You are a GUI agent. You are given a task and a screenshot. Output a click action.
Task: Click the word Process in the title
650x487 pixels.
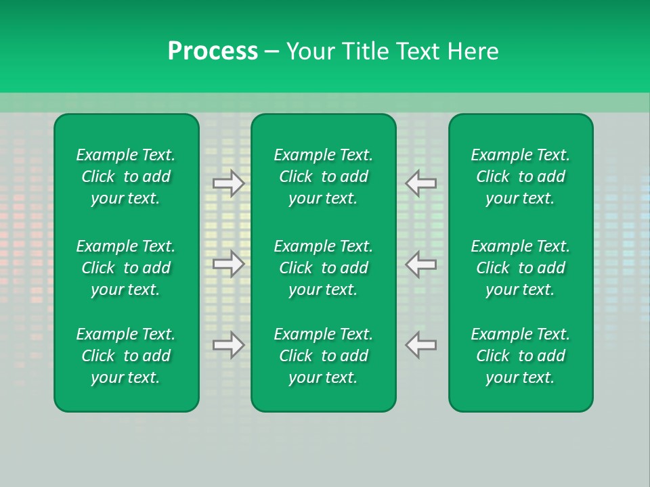pyautogui.click(x=213, y=51)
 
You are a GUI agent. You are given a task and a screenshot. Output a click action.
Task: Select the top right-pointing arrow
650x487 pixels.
pyautogui.click(x=229, y=183)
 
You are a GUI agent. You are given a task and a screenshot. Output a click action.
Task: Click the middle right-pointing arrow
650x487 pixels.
pyautogui.click(x=229, y=264)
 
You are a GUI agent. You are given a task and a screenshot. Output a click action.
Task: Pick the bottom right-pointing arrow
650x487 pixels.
pyautogui.click(x=229, y=344)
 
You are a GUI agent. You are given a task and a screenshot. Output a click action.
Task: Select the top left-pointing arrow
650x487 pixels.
pyautogui.click(x=421, y=183)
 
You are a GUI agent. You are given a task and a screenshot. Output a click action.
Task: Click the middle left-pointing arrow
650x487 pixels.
pyautogui.click(x=421, y=264)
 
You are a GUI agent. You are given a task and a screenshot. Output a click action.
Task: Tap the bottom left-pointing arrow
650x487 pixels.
pyautogui.click(x=421, y=344)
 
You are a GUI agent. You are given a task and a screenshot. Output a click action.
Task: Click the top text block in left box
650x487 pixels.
pyautogui.click(x=126, y=177)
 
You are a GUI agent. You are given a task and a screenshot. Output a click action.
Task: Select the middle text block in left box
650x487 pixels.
pyautogui.click(x=126, y=268)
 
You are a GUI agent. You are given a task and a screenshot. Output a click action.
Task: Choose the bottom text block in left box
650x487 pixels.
pyautogui.click(x=126, y=356)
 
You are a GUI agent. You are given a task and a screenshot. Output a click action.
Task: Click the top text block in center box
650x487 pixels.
pyautogui.click(x=323, y=177)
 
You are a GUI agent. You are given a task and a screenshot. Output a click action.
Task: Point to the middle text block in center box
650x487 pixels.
pyautogui.click(x=323, y=268)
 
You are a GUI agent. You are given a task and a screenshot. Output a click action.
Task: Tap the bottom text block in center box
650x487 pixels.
pyautogui.click(x=323, y=356)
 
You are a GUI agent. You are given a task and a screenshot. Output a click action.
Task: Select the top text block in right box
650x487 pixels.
pyautogui.click(x=520, y=177)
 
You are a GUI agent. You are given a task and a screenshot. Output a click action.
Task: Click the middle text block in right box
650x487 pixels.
pyautogui.click(x=520, y=268)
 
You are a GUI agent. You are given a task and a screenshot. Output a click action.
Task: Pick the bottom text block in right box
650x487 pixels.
pyautogui.click(x=520, y=356)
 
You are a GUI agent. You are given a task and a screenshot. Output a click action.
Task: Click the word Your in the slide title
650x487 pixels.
pyautogui.click(x=309, y=51)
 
